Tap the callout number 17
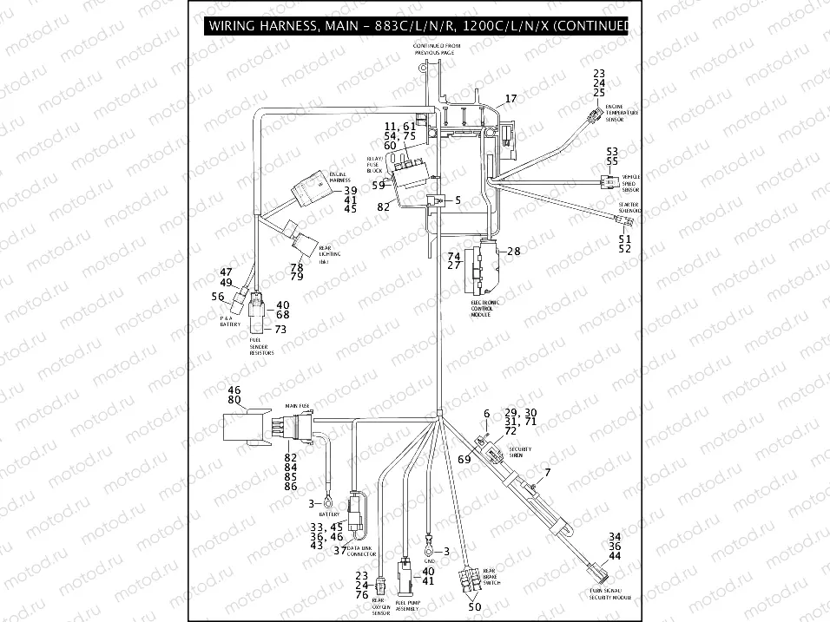click(511, 99)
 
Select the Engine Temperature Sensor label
click(621, 113)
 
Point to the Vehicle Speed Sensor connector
click(603, 182)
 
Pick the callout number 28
click(513, 252)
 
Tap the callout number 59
click(378, 185)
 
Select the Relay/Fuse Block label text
click(374, 165)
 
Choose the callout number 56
click(218, 297)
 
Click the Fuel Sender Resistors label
click(261, 348)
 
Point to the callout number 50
click(474, 607)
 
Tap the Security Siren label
click(519, 452)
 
